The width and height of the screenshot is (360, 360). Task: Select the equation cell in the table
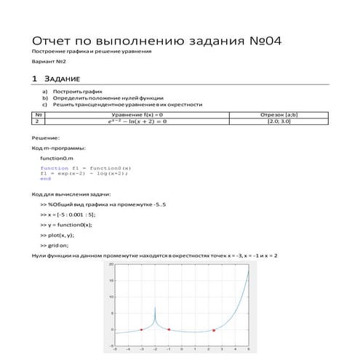tap(137, 122)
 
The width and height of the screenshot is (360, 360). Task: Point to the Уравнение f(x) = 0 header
tap(137, 115)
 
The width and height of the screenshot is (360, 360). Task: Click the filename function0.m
tap(57, 158)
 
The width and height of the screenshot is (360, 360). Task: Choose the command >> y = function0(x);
tap(71, 225)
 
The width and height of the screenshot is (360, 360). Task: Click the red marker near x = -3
tap(141, 329)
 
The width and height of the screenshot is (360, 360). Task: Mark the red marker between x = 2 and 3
tap(214, 330)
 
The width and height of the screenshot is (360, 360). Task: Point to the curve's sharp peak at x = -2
tap(155, 308)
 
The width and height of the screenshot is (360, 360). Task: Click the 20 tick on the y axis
tap(111, 264)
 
